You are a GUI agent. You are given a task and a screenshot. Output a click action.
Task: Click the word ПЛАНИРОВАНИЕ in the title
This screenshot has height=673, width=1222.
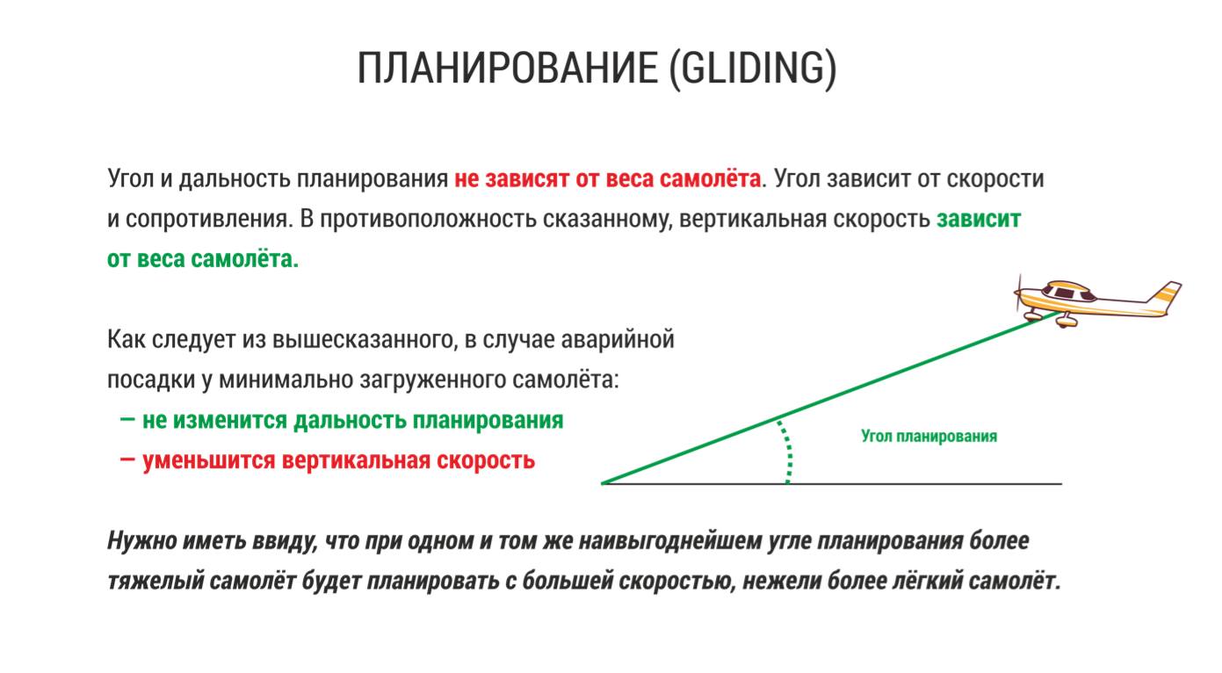pos(508,68)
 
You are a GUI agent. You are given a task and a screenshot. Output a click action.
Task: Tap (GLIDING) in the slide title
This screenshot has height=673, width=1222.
pos(753,69)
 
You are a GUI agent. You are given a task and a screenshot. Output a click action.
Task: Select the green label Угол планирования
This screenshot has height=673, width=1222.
pos(929,437)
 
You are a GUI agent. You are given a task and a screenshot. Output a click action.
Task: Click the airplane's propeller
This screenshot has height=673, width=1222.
pos(1018,293)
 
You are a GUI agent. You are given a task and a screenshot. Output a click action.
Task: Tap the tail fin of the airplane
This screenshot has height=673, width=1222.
pos(1165,293)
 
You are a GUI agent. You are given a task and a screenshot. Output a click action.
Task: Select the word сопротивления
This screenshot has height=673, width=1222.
pos(209,220)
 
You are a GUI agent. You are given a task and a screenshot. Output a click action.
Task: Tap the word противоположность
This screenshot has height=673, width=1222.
pos(430,220)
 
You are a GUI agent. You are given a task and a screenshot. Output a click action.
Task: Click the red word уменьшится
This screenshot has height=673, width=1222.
pos(209,461)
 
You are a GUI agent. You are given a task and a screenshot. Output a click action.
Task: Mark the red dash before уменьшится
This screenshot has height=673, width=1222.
pos(127,460)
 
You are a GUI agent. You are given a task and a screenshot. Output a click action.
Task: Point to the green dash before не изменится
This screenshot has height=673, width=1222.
pos(127,419)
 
